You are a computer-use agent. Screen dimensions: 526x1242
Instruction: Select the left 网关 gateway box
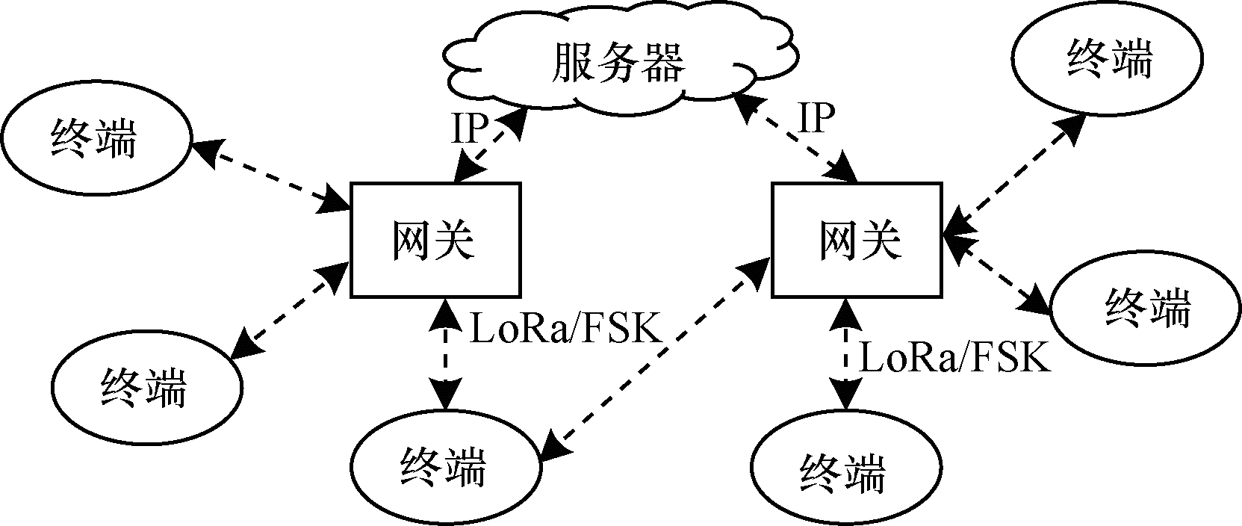435,240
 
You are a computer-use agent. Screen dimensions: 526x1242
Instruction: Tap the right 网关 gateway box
856,240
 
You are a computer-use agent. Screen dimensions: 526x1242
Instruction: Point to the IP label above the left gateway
470,129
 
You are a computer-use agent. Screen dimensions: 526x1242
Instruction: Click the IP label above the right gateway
816,118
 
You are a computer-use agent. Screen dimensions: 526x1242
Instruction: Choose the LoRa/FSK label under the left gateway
566,329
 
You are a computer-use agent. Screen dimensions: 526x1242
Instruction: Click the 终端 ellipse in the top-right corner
1108,60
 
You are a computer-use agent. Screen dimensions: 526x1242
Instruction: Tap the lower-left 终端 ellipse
147,386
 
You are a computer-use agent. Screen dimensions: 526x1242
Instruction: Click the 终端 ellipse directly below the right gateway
845,474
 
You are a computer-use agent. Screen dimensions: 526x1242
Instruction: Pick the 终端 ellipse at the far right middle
1145,308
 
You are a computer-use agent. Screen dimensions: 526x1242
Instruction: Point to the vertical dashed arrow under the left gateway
446,354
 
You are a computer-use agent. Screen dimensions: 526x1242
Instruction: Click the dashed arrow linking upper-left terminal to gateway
273,173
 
